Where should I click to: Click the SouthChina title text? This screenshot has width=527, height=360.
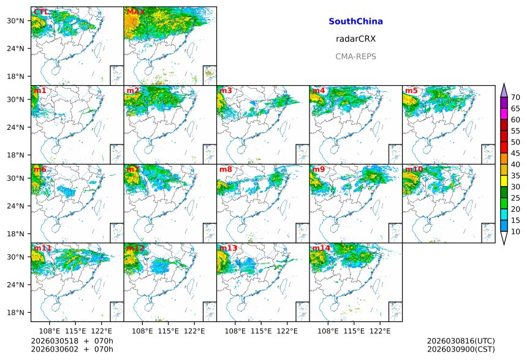355,21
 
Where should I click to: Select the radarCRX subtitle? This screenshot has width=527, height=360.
355,39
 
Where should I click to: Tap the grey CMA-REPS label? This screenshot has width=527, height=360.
355,56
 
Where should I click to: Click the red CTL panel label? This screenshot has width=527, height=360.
42,12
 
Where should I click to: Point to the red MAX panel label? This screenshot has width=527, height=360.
135,12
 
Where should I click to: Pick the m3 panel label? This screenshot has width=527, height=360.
226,91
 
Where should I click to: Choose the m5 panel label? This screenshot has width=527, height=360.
411,91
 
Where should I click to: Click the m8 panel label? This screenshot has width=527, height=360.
226,170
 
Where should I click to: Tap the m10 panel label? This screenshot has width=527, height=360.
414,170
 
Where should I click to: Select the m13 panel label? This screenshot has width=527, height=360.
228,248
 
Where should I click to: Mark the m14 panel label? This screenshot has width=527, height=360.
321,248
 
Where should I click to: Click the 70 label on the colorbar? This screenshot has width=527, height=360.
515,97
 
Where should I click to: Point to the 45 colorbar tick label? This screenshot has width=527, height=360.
515,153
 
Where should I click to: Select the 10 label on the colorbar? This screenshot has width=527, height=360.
515,231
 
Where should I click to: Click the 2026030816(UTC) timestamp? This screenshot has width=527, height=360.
460,341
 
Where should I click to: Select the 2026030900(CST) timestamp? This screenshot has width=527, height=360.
460,350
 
